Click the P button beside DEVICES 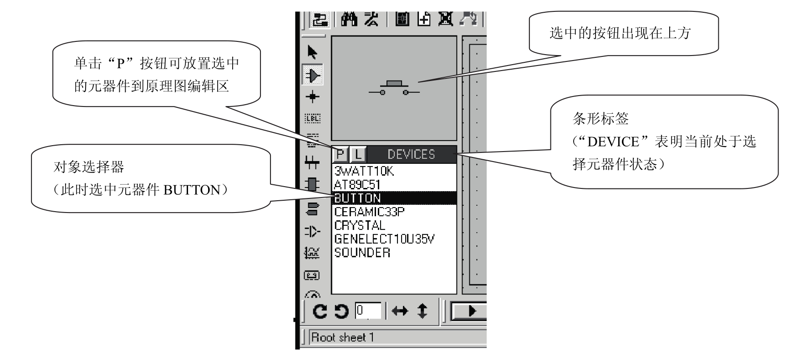pos(339,155)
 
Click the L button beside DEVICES pos(358,155)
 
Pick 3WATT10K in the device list pos(364,171)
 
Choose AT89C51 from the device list pos(357,185)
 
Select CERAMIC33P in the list pos(369,212)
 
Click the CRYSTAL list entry pos(360,225)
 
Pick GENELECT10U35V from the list pos(384,239)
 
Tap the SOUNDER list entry pos(362,253)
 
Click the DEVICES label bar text pos(411,155)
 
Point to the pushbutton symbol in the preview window pos(394,88)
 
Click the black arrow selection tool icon pos(312,52)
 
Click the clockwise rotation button pos(321,311)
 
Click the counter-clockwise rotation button pos(341,311)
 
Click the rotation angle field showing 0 pos(368,311)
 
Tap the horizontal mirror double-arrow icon pos(400,311)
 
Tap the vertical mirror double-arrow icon pos(422,311)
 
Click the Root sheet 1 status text pos(342,337)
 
